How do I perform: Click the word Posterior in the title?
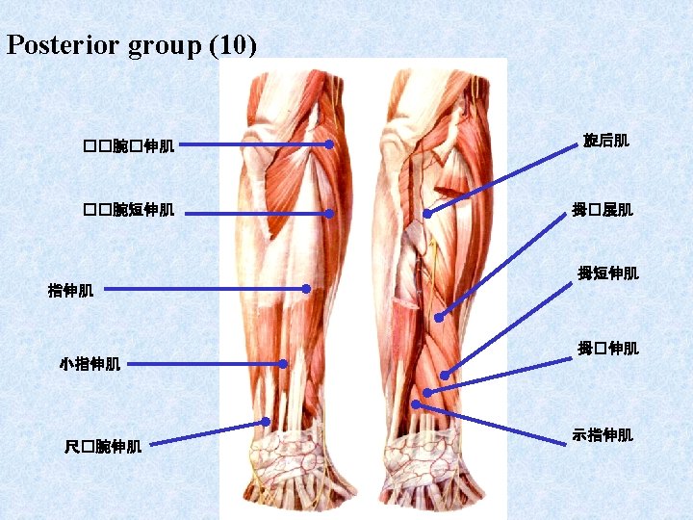click(63, 45)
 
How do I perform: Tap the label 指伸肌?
click(70, 290)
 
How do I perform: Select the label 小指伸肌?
click(90, 364)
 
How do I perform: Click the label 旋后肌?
click(605, 142)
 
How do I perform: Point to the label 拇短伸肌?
click(607, 273)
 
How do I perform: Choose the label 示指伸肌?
click(603, 435)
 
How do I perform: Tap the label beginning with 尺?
click(103, 447)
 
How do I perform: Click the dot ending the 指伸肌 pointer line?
click(306, 288)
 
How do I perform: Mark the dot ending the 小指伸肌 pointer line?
click(284, 364)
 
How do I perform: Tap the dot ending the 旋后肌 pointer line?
click(427, 213)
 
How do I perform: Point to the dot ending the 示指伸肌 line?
click(416, 405)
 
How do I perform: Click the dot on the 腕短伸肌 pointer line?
click(328, 214)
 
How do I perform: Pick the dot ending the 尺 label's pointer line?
click(266, 422)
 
